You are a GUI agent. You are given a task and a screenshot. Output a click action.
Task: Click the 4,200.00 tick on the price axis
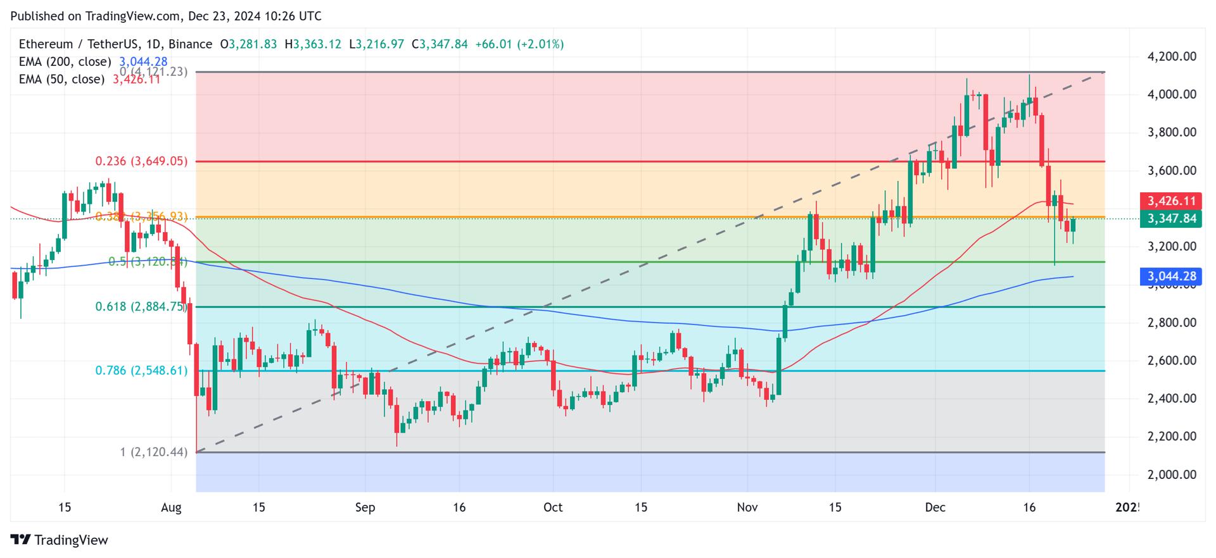point(1172,56)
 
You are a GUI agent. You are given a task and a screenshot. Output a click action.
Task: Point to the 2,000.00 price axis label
point(1172,474)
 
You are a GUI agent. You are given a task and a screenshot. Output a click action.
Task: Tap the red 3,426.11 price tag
point(1171,201)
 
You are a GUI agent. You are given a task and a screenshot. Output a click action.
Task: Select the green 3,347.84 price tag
point(1171,219)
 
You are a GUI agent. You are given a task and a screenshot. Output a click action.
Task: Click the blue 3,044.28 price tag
point(1171,276)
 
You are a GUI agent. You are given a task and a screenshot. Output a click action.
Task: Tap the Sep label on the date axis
point(365,507)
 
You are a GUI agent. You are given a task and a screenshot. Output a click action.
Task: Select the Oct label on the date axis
point(553,507)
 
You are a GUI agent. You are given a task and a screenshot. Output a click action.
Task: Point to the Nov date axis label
point(747,507)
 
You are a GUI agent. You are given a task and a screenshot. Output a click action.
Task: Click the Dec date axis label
point(935,507)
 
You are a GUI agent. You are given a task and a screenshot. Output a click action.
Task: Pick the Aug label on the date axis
point(171,507)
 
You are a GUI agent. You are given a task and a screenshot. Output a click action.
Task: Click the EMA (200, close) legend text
point(65,62)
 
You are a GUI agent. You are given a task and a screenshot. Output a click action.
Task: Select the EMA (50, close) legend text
point(61,79)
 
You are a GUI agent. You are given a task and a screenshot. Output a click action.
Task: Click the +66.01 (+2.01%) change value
point(519,44)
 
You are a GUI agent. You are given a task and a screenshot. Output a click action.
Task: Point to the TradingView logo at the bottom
point(60,540)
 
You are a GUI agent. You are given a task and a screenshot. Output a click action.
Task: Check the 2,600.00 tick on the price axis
point(1172,361)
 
